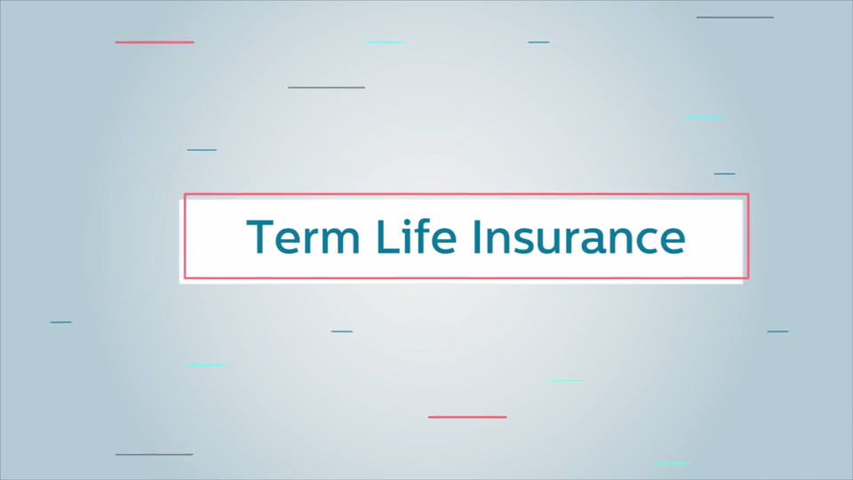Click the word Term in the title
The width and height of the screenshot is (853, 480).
point(303,236)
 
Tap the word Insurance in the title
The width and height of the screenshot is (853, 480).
point(579,236)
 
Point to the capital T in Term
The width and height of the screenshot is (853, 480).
point(260,236)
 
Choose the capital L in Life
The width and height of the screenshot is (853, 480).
point(388,236)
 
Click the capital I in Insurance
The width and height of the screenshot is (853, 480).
point(476,236)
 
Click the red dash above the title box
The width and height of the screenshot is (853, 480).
point(155,42)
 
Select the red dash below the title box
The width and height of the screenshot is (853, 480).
point(467,417)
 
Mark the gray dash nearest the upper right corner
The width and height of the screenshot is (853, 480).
point(735,18)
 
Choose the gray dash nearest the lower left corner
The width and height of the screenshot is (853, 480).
point(155,454)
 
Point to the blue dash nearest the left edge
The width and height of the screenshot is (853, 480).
point(61,322)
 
